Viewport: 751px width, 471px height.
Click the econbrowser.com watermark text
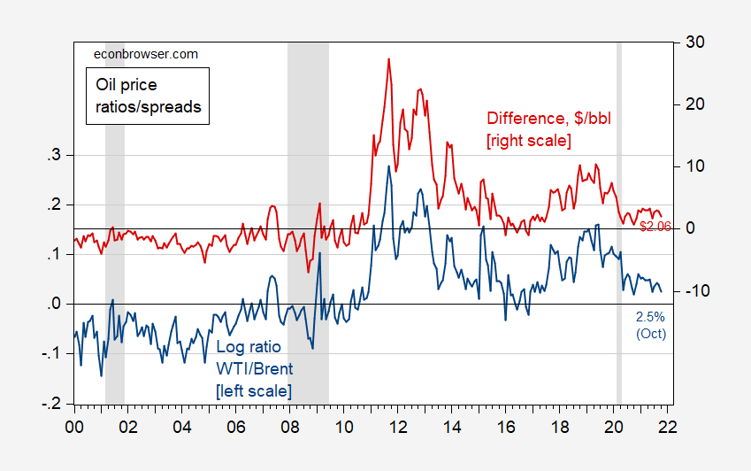(x=146, y=54)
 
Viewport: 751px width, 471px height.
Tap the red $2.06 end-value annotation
(x=655, y=227)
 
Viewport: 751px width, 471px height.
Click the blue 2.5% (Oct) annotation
(x=651, y=325)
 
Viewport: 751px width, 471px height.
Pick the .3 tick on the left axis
(x=54, y=156)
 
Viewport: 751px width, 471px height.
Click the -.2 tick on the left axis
(x=52, y=404)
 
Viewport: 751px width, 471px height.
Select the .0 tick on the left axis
(x=54, y=305)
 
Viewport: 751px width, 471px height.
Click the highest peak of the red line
(x=388, y=59)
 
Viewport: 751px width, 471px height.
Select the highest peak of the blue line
(x=387, y=166)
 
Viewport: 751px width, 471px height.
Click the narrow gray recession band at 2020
(x=619, y=221)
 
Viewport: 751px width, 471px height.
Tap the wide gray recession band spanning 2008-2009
(x=308, y=221)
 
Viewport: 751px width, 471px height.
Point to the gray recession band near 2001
(x=115, y=221)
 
